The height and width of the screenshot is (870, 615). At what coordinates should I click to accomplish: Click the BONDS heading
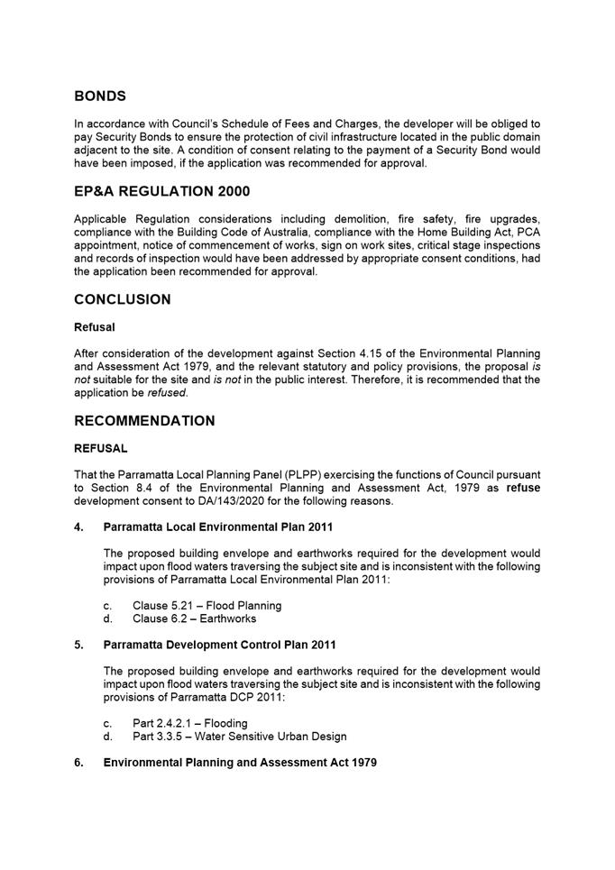100,96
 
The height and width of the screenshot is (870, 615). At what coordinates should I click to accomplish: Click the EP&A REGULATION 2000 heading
162,191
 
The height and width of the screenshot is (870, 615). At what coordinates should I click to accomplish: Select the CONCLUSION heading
123,299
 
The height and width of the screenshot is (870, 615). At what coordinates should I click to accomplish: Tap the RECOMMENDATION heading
144,421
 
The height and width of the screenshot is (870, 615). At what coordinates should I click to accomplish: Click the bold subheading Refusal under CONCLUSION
94,328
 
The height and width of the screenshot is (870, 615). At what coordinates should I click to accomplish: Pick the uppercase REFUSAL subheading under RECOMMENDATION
101,448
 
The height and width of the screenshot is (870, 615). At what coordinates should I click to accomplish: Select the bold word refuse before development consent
523,488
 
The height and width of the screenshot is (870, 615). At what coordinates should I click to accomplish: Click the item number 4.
79,527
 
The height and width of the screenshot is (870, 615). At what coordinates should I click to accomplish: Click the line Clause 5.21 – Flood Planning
207,606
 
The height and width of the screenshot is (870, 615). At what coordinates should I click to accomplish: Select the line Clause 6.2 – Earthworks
194,618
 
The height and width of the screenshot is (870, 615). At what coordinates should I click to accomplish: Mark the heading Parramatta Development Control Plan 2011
220,645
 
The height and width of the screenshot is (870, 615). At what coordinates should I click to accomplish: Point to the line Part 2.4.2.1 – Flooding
189,723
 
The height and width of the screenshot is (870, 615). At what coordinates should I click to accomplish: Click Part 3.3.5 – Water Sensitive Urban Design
239,736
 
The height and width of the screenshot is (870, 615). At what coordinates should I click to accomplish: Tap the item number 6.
79,763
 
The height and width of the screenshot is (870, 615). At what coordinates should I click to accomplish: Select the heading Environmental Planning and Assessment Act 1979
240,763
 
